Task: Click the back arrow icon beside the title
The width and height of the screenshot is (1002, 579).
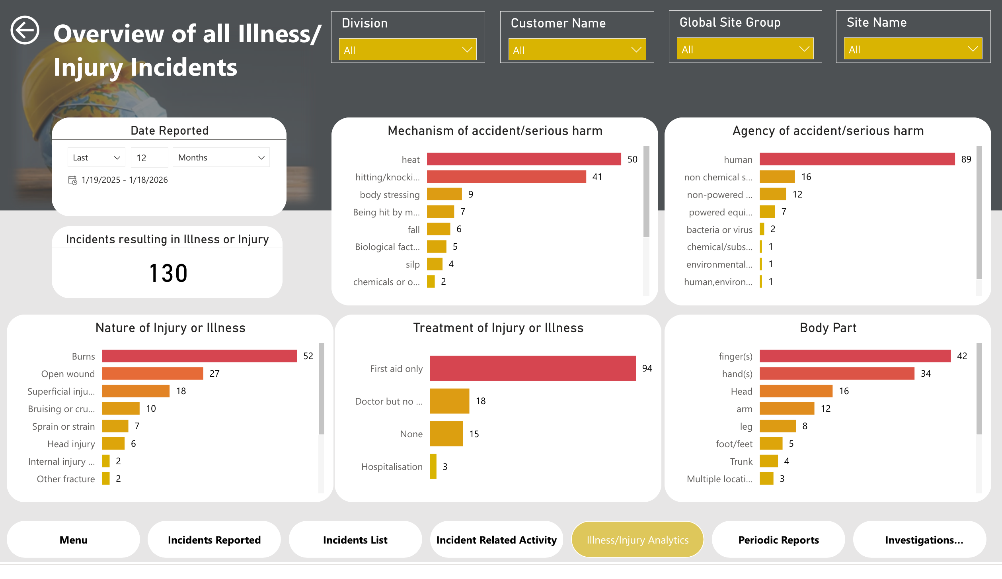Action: (x=25, y=30)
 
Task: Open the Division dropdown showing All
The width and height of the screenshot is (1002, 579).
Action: (x=407, y=50)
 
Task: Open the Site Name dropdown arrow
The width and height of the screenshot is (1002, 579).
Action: (x=972, y=49)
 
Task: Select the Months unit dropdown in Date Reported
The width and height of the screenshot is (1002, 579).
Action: (x=221, y=158)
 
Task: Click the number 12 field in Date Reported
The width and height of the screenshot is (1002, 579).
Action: (x=149, y=158)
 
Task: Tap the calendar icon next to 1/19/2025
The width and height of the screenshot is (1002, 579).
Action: (x=72, y=180)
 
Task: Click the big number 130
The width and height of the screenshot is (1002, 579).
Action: (x=168, y=273)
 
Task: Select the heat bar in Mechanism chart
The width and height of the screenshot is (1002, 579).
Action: (x=523, y=159)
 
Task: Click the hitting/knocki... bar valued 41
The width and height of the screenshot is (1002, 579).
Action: (x=506, y=177)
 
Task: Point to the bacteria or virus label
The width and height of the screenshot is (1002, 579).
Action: (x=719, y=230)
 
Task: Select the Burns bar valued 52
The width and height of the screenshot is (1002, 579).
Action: (x=199, y=356)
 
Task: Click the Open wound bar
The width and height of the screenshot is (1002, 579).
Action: (x=152, y=374)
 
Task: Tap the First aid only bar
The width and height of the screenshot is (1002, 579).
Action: (x=532, y=368)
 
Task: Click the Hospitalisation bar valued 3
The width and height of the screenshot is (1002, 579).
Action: (x=433, y=466)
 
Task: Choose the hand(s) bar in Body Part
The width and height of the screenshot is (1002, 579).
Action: (x=836, y=374)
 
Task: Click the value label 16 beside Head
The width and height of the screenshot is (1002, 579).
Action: (x=844, y=391)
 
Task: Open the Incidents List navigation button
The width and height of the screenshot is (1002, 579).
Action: (x=355, y=540)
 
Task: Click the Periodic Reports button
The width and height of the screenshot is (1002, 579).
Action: (x=778, y=540)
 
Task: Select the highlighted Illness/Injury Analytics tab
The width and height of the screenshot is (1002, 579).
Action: (x=637, y=540)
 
